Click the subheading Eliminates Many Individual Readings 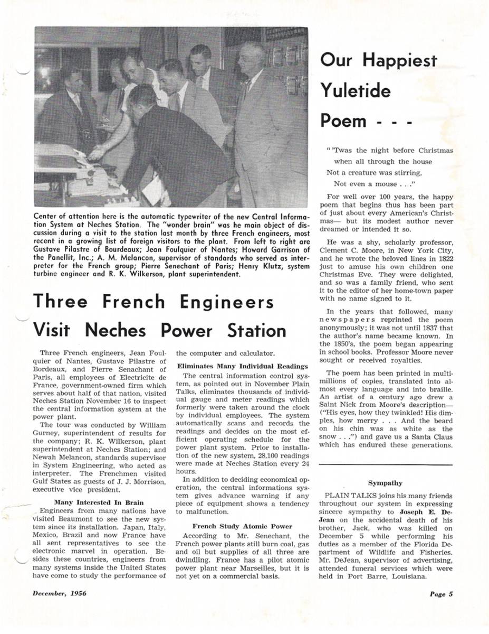(242, 366)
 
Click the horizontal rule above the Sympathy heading (385, 464)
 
